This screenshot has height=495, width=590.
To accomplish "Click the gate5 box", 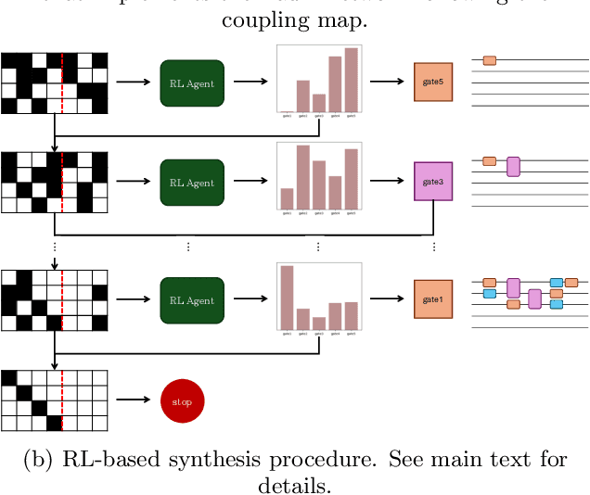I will point(433,82).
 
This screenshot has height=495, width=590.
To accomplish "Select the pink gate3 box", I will point(433,182).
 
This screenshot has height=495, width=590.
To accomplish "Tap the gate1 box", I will point(433,299).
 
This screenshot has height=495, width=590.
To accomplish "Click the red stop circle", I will point(182,401).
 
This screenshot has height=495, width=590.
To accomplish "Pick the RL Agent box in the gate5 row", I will point(192,82).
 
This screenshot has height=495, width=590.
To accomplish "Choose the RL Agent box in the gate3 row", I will point(192,182).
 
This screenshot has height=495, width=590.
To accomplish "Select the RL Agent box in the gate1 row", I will point(192,299).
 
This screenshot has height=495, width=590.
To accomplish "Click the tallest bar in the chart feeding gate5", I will point(351,80).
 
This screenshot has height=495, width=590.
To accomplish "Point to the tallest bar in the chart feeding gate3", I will point(302,177).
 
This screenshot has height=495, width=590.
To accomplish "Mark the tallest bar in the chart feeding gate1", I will point(287,298).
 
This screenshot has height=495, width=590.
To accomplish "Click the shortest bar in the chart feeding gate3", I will point(287,198).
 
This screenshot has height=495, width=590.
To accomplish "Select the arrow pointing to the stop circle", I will point(135,400).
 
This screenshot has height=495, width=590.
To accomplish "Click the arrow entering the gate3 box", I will point(390,182).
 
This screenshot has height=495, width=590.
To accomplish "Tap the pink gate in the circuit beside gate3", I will point(513,167).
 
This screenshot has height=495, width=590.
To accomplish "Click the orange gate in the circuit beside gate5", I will point(489,60).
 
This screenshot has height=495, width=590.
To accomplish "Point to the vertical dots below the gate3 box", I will point(433,247).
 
